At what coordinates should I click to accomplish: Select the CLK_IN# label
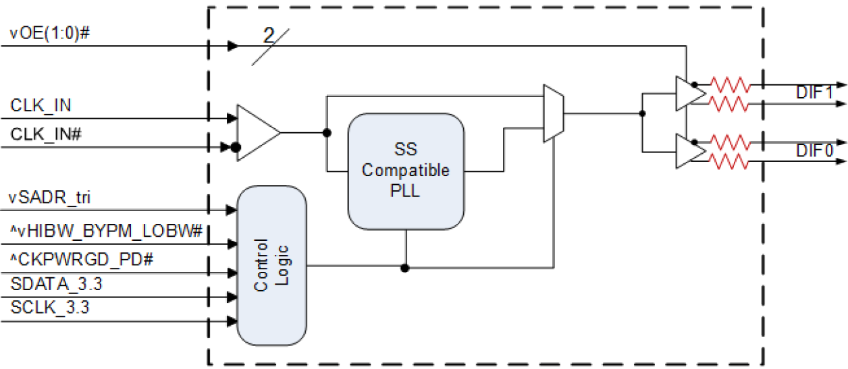point(47,134)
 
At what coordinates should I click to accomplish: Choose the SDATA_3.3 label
point(56,285)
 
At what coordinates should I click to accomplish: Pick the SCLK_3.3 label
point(50,308)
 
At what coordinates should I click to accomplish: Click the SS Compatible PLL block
point(406,171)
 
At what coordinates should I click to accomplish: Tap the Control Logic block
point(271,265)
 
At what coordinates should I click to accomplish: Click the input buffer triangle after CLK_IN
point(256,132)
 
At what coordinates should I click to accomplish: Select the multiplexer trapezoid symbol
point(553,113)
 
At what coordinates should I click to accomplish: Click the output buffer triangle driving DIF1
point(689,94)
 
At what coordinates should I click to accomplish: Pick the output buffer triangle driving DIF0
point(689,152)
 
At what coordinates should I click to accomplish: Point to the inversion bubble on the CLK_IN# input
point(236,148)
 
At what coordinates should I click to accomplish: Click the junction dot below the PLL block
point(405,268)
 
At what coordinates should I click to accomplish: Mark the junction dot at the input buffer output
point(327,132)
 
